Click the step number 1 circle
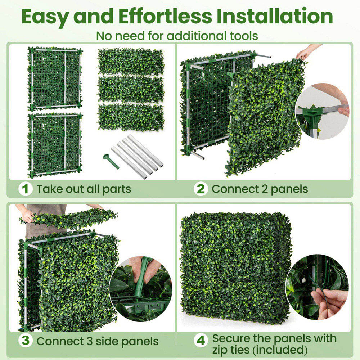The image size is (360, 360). [x=26, y=189]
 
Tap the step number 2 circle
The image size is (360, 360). [x=201, y=189]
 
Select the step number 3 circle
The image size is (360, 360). [x=26, y=341]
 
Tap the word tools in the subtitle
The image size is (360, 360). [x=243, y=36]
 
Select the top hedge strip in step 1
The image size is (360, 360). [x=131, y=61]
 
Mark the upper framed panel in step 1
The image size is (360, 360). [x=55, y=78]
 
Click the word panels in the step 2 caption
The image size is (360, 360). [x=288, y=189]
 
